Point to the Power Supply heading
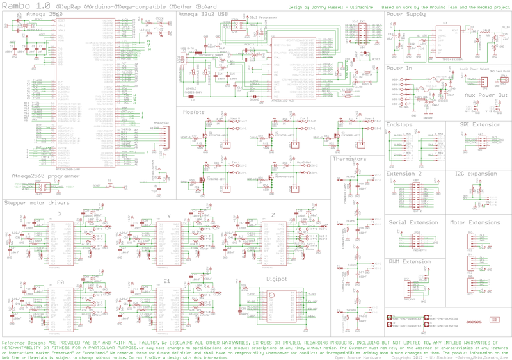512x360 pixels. pyautogui.click(x=406, y=13)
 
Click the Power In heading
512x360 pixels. pyautogui.click(x=400, y=67)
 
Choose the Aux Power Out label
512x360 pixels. pyautogui.click(x=486, y=94)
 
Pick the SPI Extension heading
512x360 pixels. pyautogui.click(x=481, y=124)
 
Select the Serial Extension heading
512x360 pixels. pyautogui.click(x=413, y=223)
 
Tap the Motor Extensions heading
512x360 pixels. pyautogui.click(x=476, y=223)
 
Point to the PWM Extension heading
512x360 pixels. pyautogui.click(x=410, y=261)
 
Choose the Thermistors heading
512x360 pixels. pyautogui.click(x=349, y=158)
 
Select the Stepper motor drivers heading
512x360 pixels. pyautogui.click(x=37, y=203)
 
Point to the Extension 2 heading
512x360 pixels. pyautogui.click(x=404, y=173)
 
